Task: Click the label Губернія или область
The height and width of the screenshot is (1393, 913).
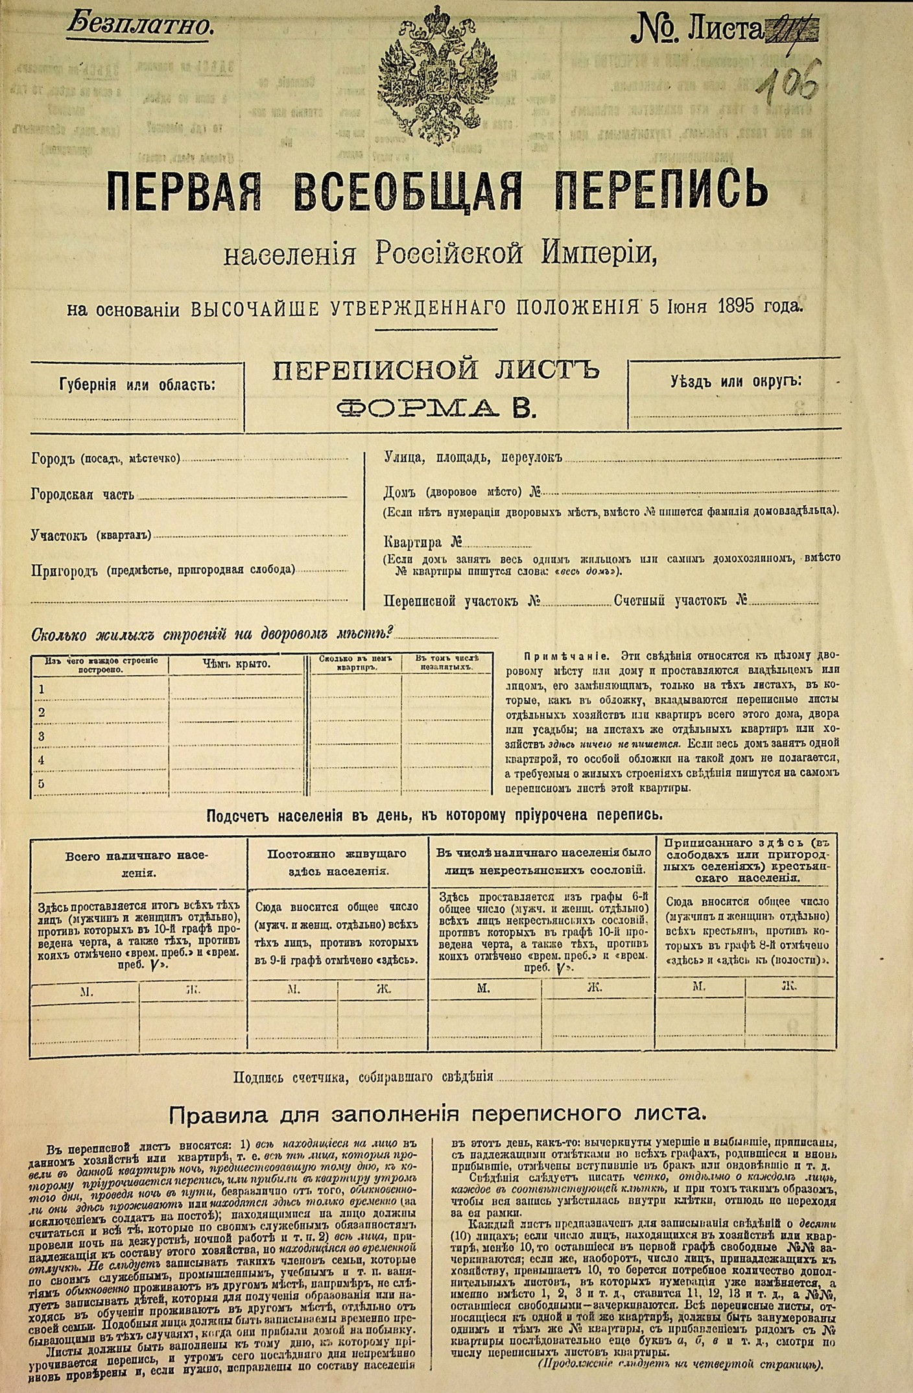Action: tap(138, 384)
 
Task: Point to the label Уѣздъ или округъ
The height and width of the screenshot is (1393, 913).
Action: tap(735, 381)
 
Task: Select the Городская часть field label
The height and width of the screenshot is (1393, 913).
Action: tap(83, 495)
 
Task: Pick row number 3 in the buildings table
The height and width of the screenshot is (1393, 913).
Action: tap(41, 736)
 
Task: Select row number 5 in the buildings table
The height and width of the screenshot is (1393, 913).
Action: tap(41, 784)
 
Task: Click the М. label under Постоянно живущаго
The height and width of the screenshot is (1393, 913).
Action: tap(293, 989)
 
